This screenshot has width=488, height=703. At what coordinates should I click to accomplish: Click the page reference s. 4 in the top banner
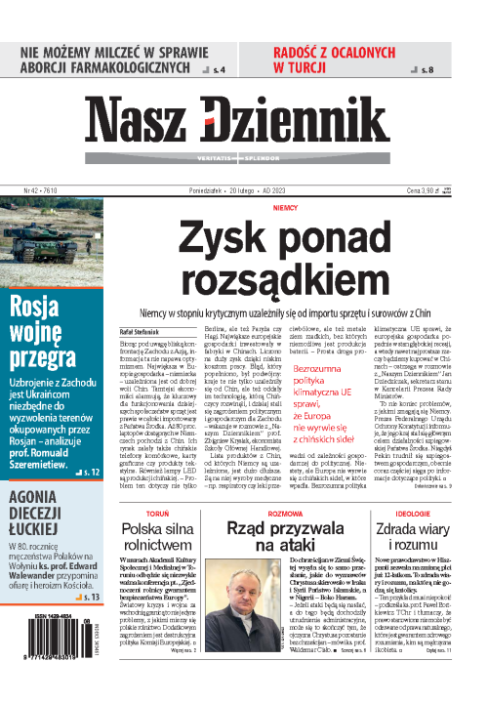(x=218, y=70)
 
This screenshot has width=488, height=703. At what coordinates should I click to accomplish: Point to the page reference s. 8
(x=454, y=70)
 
